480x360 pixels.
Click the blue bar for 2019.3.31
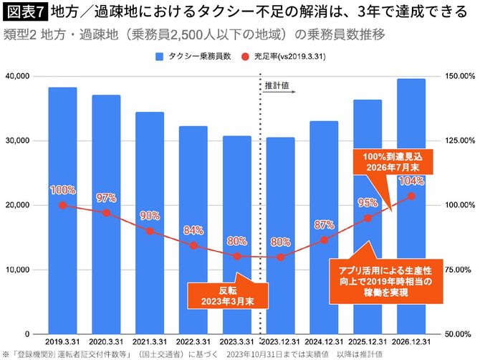(62, 215)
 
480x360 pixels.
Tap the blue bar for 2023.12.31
(280, 237)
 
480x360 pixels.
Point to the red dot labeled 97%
(106, 213)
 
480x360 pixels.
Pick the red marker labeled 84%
(193, 246)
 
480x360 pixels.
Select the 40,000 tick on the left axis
(17, 76)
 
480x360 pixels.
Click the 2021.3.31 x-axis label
(150, 343)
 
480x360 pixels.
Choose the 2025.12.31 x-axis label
(367, 343)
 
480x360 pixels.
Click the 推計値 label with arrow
(279, 85)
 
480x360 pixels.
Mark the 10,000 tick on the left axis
(17, 270)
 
